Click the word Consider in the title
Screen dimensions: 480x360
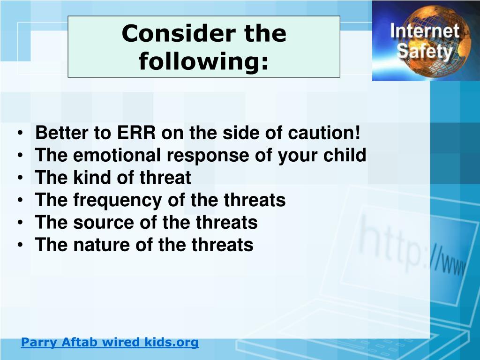[x=179, y=33]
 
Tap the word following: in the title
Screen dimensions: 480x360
[x=203, y=61]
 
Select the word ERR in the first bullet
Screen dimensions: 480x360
[x=136, y=133]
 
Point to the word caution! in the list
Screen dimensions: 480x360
[x=324, y=133]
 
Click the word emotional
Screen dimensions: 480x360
[x=117, y=155]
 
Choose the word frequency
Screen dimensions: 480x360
[x=118, y=201]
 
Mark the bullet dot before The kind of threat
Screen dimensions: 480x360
[x=20, y=178]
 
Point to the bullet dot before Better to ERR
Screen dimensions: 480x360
[x=20, y=133]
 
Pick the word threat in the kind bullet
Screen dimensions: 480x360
[x=165, y=177]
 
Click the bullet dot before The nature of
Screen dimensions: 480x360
[x=20, y=245]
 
